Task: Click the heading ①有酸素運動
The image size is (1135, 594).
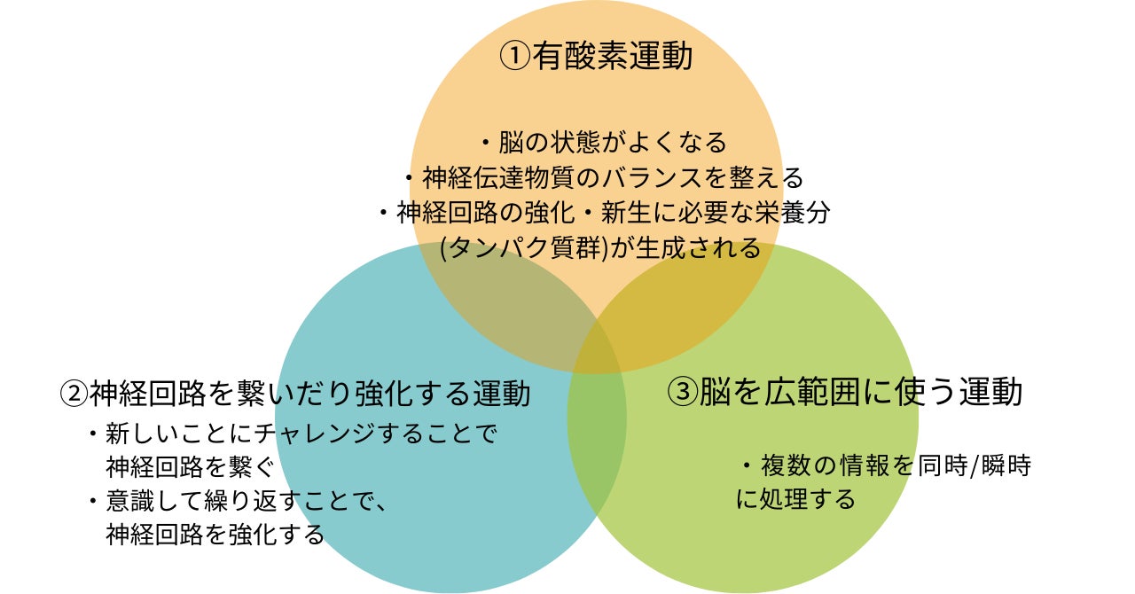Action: click(596, 57)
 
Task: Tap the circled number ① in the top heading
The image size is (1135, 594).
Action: click(515, 57)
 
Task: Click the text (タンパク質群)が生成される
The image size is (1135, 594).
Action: click(601, 248)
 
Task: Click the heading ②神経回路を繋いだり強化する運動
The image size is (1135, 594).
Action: click(295, 392)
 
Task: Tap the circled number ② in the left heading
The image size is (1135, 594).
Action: click(74, 393)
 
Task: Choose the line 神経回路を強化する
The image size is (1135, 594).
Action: click(215, 535)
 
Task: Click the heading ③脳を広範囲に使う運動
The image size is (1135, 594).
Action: click(845, 392)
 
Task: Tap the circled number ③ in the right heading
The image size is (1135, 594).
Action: click(683, 393)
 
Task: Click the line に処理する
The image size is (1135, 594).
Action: click(795, 499)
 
